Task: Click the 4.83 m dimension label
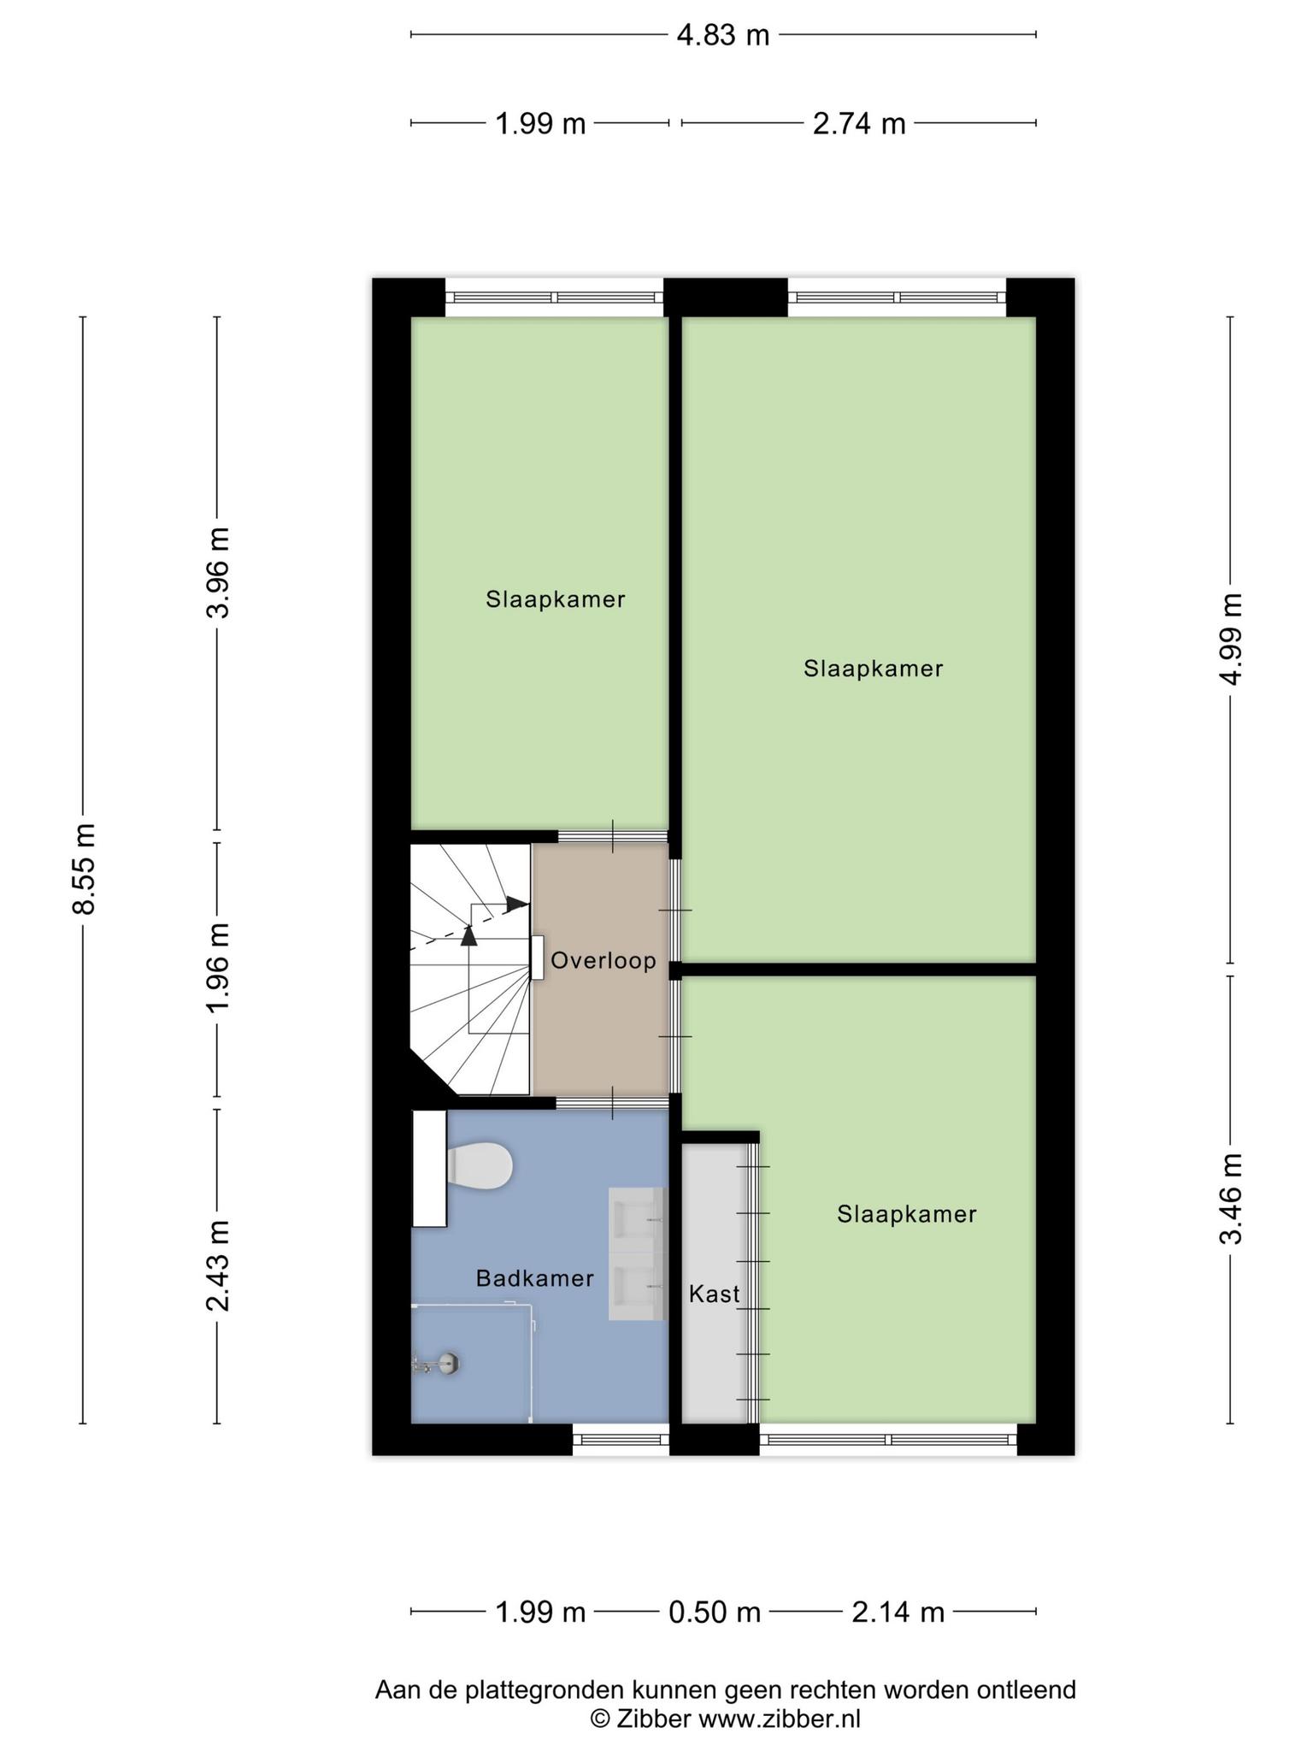click(723, 35)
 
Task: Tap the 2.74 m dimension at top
click(858, 124)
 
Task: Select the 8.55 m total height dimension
click(84, 869)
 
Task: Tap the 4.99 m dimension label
click(1231, 639)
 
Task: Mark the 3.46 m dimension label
click(1231, 1200)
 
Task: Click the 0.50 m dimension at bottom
click(715, 1613)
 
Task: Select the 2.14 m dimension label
click(898, 1613)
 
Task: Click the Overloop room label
click(604, 961)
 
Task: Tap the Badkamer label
click(535, 1279)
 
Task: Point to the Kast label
click(715, 1294)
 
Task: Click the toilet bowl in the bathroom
click(480, 1164)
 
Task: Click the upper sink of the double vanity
click(638, 1218)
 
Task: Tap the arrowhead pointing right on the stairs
click(516, 903)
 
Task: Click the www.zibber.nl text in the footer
click(780, 1719)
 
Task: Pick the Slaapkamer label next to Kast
click(907, 1214)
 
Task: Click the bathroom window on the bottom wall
click(621, 1440)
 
